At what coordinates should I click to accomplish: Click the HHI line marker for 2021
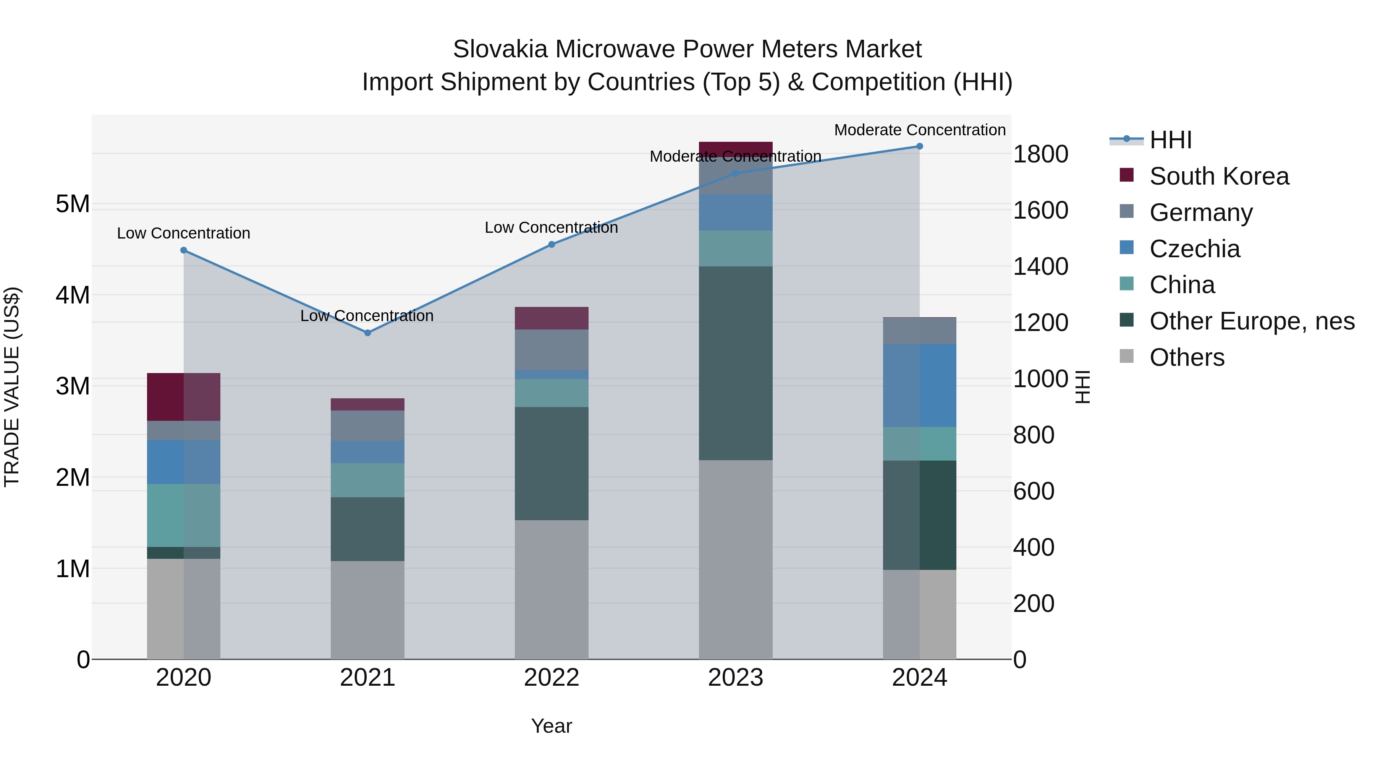coord(367,333)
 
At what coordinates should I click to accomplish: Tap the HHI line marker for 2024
coord(919,146)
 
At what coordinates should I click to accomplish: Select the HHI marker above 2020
coord(184,250)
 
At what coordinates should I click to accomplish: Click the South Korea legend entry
coord(1219,176)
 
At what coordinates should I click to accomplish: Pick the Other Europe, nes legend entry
coord(1251,321)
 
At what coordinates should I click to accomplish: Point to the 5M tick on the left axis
coord(73,204)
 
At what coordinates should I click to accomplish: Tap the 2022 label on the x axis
coord(552,678)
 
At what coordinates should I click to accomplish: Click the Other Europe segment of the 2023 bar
coord(736,363)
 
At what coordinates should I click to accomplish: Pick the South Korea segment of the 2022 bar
coord(552,318)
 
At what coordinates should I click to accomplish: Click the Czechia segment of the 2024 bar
coord(919,385)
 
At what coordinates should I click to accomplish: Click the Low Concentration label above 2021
coord(367,316)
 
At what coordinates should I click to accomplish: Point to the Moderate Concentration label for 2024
coord(919,130)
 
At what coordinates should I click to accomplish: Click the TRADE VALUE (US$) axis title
coord(12,387)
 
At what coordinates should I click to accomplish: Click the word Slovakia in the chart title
coord(500,49)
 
